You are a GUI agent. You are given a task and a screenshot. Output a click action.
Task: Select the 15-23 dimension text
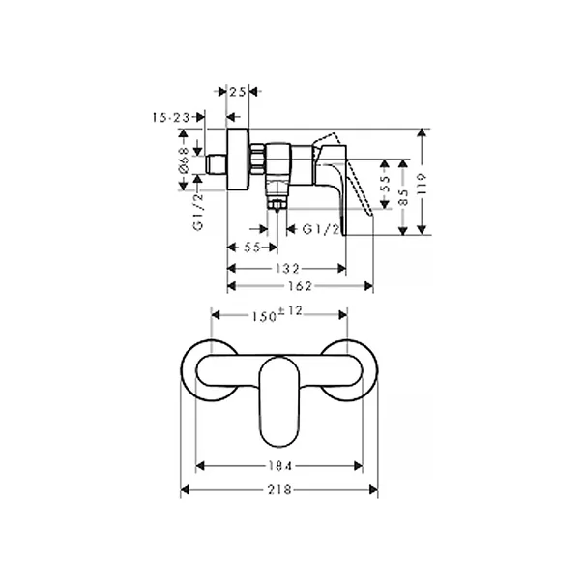click(171, 116)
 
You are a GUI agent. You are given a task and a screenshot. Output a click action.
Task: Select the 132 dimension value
click(286, 268)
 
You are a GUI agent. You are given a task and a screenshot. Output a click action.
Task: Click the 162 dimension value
click(300, 287)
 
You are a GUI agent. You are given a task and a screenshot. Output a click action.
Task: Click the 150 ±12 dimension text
click(278, 314)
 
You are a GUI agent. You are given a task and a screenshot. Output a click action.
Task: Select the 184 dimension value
click(279, 466)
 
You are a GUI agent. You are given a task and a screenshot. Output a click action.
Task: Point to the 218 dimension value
click(280, 489)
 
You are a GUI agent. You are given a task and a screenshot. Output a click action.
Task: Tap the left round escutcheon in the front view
click(209, 369)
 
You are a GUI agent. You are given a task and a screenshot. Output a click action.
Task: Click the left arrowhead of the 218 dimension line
click(187, 489)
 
